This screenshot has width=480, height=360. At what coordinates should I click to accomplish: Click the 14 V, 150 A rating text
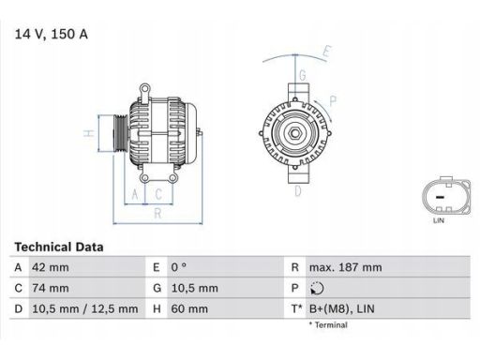(52, 34)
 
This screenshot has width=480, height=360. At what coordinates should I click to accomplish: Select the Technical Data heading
(59, 247)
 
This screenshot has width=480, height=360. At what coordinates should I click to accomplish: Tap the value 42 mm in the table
(51, 267)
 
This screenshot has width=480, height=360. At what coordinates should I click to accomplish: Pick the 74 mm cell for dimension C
(51, 288)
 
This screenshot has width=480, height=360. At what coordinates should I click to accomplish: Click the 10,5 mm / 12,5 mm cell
(85, 308)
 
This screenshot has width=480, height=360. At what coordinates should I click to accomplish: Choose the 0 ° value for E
(179, 267)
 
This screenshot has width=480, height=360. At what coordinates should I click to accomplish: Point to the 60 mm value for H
(189, 308)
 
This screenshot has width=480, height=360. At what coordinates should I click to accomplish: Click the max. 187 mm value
(345, 267)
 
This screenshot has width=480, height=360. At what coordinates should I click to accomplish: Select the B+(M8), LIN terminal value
(341, 308)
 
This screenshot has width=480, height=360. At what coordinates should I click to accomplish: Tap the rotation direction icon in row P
(317, 288)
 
